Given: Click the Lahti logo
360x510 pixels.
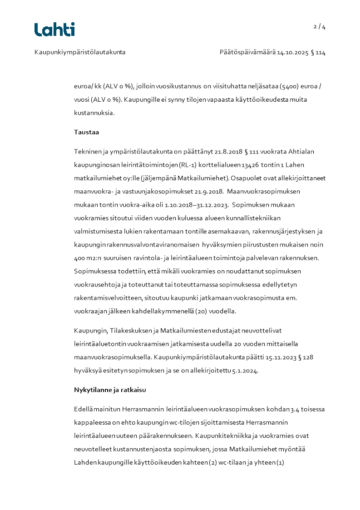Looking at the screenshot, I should pos(54,30).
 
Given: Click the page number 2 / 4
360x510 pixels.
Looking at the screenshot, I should pos(320,27).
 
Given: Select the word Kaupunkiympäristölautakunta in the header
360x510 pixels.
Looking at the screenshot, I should pos(80,52).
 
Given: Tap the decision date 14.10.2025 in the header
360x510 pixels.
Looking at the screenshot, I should pos(292,52).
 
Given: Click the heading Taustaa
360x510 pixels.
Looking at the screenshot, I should pos(86,132).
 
